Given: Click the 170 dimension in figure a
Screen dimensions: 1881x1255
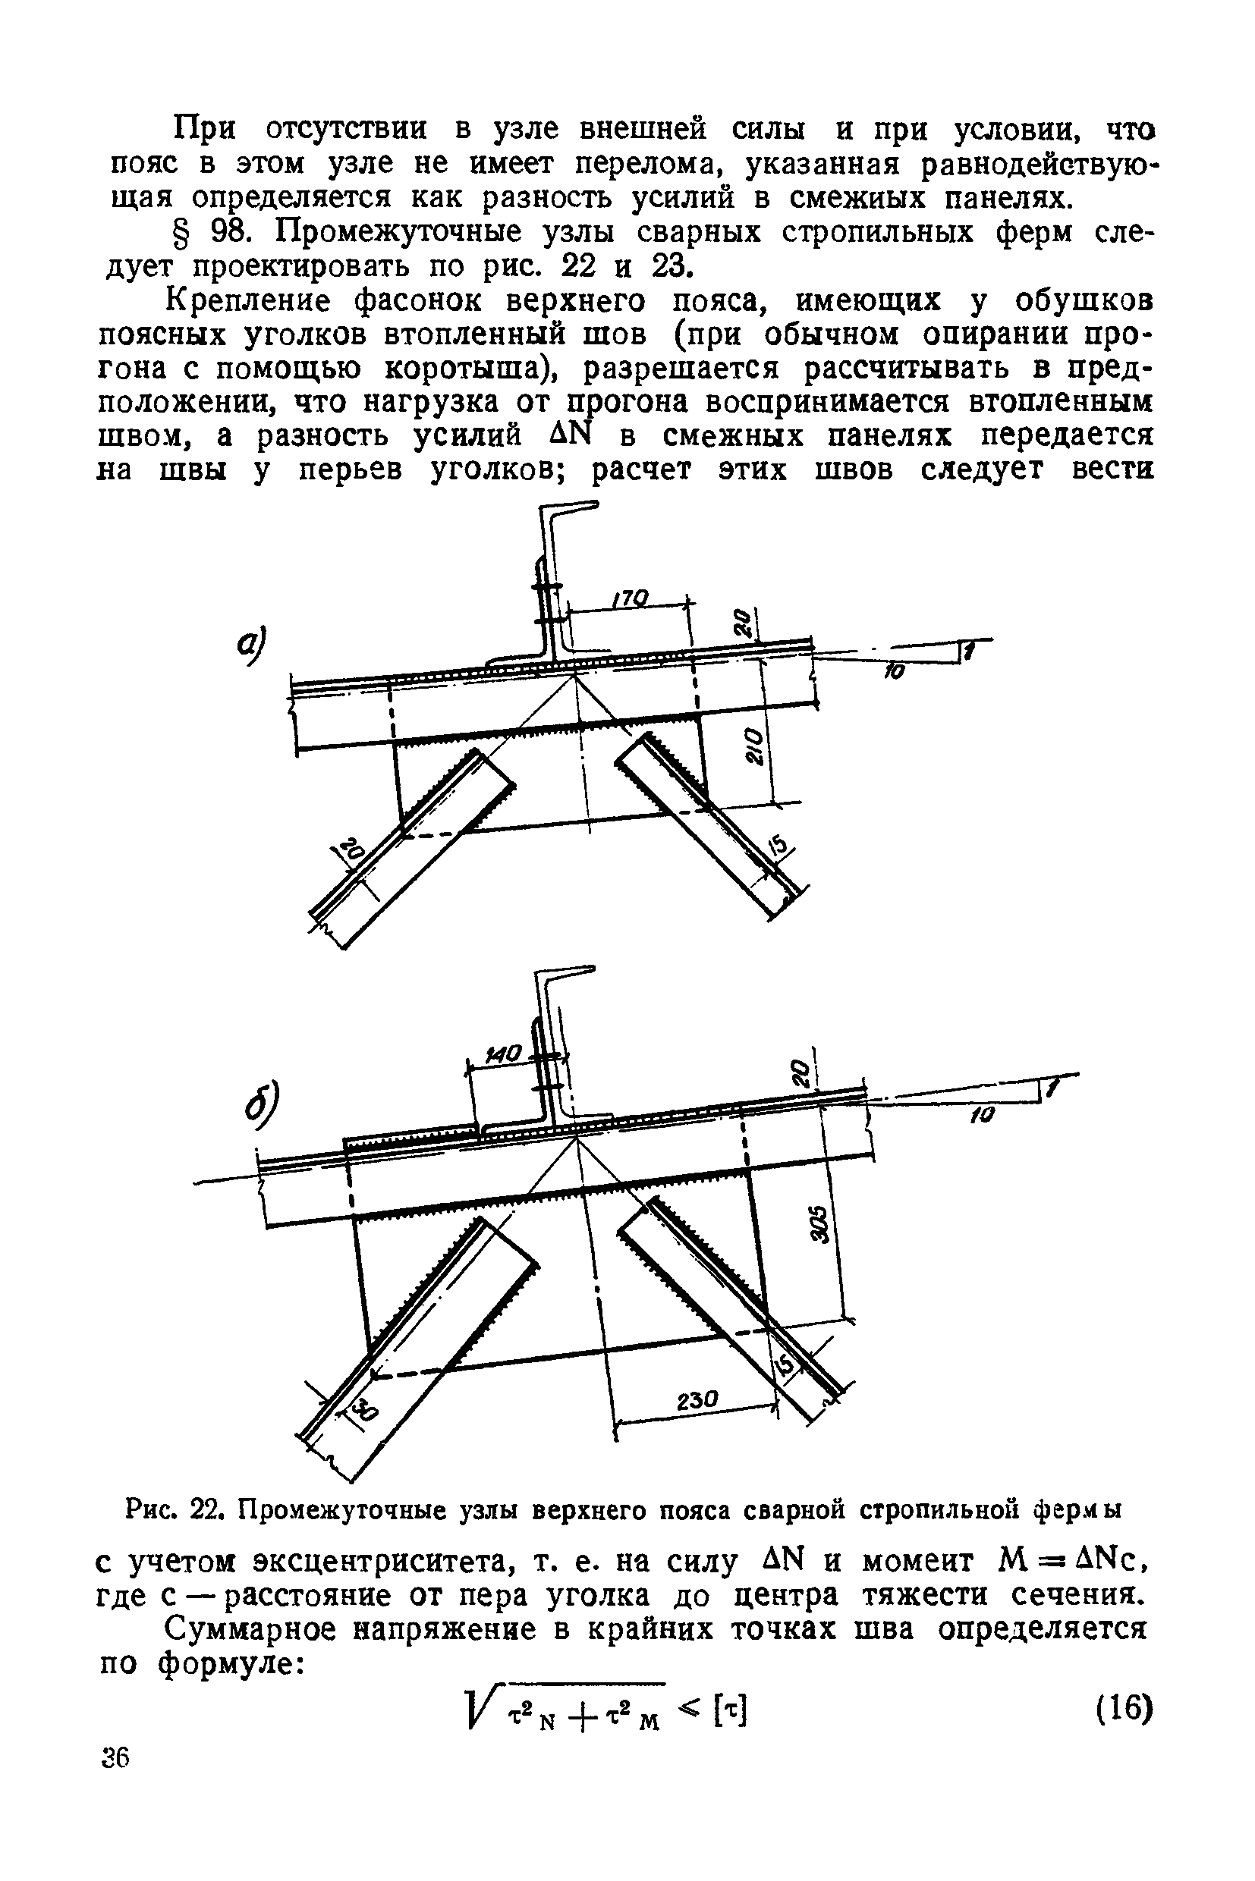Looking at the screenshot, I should [x=630, y=598].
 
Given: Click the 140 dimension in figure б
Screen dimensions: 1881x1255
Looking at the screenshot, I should [x=505, y=1054].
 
